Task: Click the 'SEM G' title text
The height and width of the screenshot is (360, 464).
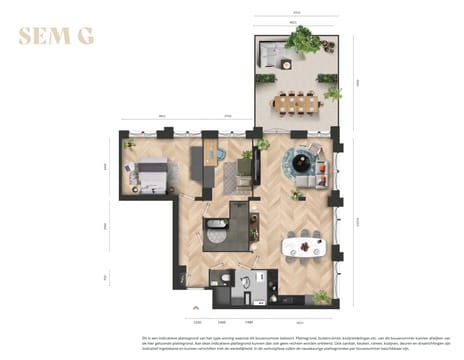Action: pos(57,38)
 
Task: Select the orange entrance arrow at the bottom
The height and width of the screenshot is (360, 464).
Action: pos(196,306)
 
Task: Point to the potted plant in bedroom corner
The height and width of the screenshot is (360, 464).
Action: pos(128,145)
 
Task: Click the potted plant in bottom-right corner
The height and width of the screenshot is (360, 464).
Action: pos(320,296)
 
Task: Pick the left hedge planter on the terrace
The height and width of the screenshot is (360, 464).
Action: pos(266,78)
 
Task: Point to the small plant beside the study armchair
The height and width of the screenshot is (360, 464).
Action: pos(262,144)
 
